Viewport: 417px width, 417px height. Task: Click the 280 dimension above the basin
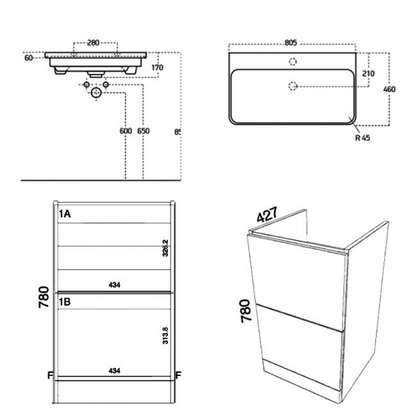coord(93,43)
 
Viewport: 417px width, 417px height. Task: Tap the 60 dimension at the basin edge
coord(28,58)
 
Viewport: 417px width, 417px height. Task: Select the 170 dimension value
coord(158,67)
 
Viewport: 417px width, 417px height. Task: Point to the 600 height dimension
coord(126,131)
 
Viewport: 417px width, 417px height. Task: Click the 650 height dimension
coord(143,131)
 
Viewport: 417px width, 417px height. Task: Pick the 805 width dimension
coord(291,43)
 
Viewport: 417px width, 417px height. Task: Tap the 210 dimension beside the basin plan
coord(368,74)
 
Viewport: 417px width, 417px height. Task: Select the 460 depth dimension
coord(389,89)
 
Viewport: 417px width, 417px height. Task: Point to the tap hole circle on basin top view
coord(293,62)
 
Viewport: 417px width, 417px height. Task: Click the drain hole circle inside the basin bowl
coord(293,85)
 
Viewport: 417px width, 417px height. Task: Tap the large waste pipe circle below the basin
coord(97,93)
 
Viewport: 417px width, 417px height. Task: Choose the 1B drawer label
coord(65,300)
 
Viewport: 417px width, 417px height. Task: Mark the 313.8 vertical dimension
coord(166,337)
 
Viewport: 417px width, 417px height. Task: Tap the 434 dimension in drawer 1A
coord(114,284)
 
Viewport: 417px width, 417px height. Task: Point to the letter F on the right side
coord(178,374)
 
